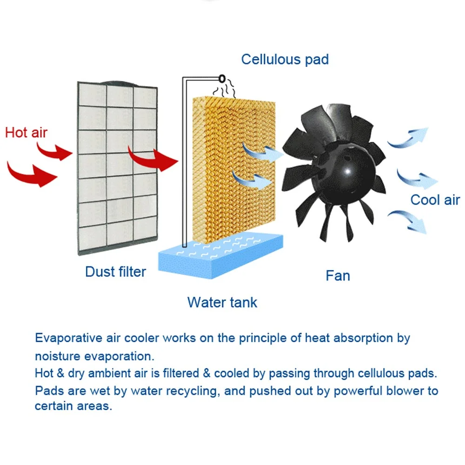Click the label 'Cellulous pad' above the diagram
[285, 60]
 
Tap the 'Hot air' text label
[26, 133]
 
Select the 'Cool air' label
[435, 200]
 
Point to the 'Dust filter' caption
[115, 272]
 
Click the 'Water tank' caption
[222, 302]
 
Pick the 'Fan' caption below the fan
[338, 276]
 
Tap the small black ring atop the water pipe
[221, 78]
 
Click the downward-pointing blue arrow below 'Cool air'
[409, 220]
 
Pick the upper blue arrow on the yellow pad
[261, 151]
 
